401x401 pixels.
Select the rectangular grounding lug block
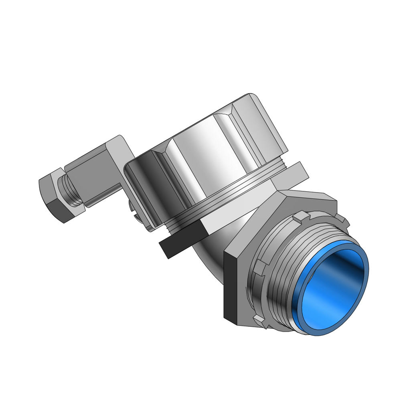click(90, 180)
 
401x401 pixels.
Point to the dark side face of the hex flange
click(231, 289)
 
